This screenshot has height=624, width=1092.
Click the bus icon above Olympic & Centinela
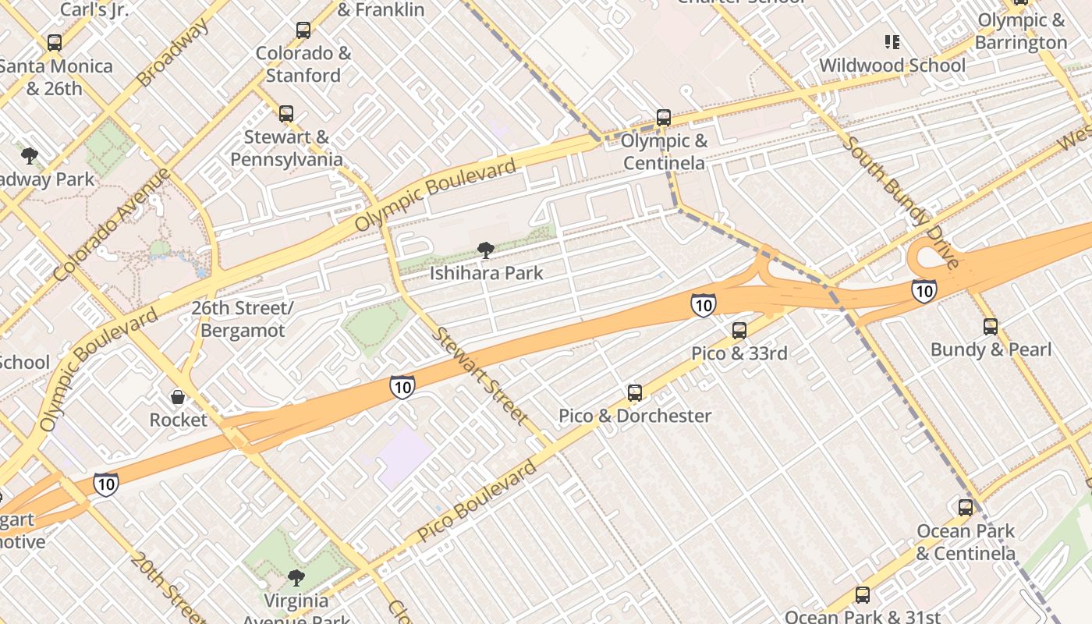(664, 118)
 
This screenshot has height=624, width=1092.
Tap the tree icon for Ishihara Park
(486, 250)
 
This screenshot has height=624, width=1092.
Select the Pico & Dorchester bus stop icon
(635, 392)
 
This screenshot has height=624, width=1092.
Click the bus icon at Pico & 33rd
(739, 330)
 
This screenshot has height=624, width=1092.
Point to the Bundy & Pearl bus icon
(991, 326)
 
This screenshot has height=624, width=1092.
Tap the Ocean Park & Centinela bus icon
(966, 508)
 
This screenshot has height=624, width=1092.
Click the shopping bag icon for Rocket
(178, 397)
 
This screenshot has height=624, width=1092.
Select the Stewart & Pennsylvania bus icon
(286, 114)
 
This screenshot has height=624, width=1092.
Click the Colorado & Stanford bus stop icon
(303, 30)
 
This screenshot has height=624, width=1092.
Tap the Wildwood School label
(892, 66)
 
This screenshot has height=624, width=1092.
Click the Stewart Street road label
(480, 375)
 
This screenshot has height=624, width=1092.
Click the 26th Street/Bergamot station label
(243, 319)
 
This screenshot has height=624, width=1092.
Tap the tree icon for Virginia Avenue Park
(296, 577)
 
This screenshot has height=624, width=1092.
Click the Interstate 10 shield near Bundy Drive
(924, 291)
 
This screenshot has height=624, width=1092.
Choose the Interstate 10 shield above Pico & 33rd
(703, 305)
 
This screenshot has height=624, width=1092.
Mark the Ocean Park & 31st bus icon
(863, 595)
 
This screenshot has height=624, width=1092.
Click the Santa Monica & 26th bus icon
(54, 43)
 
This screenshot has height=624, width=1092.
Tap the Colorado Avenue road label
(112, 225)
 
